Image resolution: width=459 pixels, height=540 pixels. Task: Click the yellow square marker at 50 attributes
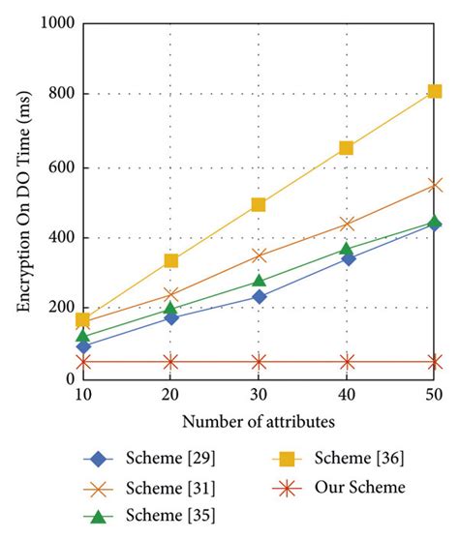coord(435,91)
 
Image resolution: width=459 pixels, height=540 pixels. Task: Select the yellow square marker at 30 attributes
coord(259,204)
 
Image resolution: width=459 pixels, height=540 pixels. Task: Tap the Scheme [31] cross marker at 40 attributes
coord(347,224)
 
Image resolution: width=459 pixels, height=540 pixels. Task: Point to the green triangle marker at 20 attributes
coord(170,310)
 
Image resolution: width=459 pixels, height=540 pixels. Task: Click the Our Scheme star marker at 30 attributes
coord(259,362)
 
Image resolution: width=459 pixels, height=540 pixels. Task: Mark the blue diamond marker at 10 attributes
coord(83,345)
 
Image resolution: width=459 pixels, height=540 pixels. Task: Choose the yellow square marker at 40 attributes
coord(347,148)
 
